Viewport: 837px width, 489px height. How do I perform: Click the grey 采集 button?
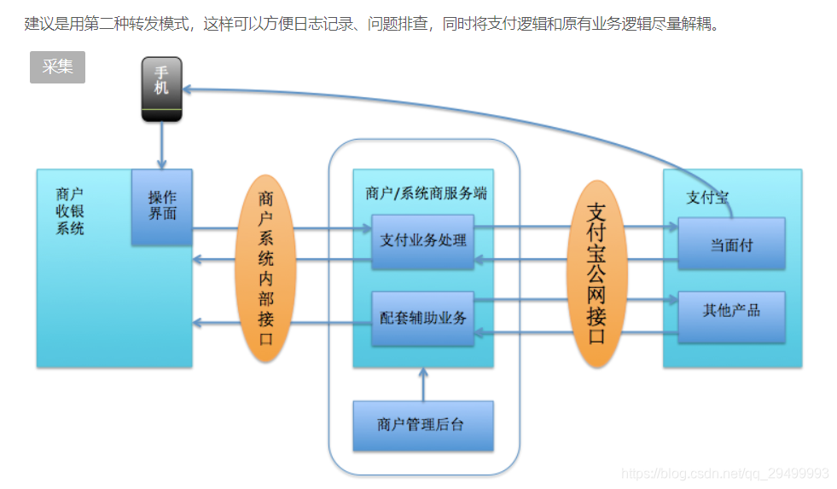point(57,67)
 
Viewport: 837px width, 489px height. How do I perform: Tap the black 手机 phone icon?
point(161,89)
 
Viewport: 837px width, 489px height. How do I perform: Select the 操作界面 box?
point(162,206)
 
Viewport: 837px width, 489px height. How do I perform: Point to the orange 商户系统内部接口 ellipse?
point(266,268)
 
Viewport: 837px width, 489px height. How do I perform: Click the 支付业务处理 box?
point(423,240)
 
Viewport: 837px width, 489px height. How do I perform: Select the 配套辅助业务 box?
point(423,318)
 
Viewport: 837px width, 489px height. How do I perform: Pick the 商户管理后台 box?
point(422,424)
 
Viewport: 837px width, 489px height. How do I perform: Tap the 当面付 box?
point(731,244)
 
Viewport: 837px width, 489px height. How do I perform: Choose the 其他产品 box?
point(731,311)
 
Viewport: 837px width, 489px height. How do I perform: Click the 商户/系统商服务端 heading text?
point(425,193)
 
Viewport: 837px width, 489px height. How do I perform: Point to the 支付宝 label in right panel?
point(707,198)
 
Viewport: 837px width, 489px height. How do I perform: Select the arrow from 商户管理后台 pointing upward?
point(422,383)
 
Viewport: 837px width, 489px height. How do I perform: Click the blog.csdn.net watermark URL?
point(724,473)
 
